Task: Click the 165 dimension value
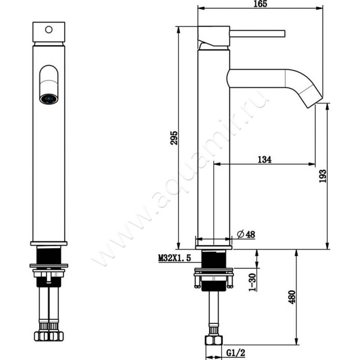click(261, 4)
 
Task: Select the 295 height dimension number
click(174, 138)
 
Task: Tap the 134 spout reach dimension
click(265, 159)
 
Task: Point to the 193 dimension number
click(323, 176)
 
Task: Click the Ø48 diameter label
click(246, 234)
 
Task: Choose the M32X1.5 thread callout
click(175, 258)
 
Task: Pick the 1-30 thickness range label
click(252, 282)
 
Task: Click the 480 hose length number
click(292, 297)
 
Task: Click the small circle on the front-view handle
click(49, 30)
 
